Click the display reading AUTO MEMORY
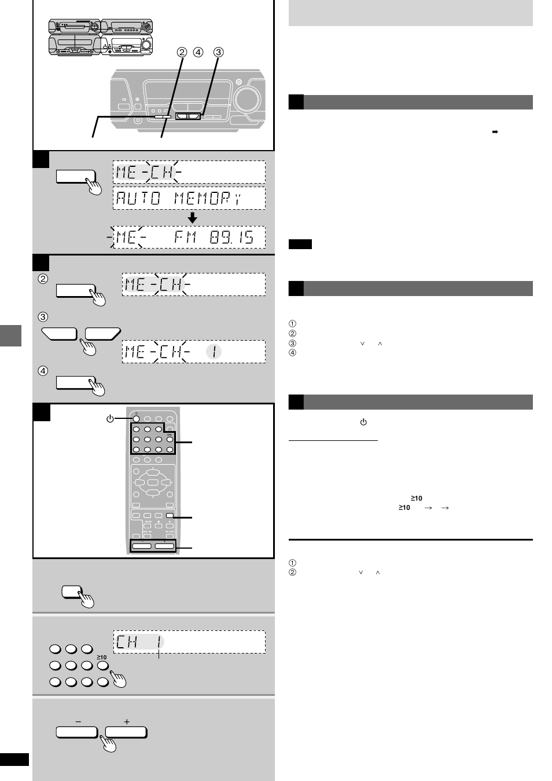(x=189, y=198)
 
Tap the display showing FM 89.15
(x=189, y=237)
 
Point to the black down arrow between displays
(x=192, y=218)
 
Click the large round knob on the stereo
(x=248, y=98)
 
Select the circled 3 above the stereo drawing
(x=218, y=52)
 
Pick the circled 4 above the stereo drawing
(x=198, y=52)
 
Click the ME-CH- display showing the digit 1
(x=193, y=352)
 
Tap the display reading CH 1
(x=189, y=642)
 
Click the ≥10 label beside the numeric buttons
(x=102, y=657)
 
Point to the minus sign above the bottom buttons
(x=78, y=722)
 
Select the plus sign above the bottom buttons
(x=127, y=722)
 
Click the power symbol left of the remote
(x=110, y=418)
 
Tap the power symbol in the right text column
(x=363, y=422)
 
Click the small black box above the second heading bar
(x=300, y=244)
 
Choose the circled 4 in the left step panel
(x=43, y=371)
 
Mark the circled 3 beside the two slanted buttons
(x=43, y=317)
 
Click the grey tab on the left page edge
(x=10, y=335)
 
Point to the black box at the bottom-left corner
(x=14, y=760)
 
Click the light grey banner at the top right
(x=410, y=13)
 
